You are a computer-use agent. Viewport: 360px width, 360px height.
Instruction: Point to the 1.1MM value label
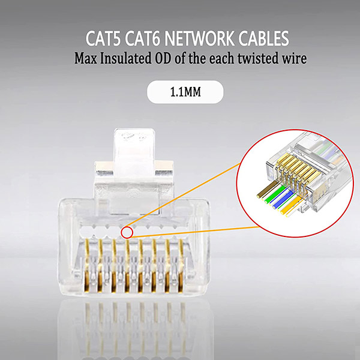coord(185,93)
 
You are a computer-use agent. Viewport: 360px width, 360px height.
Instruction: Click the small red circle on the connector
coord(126,232)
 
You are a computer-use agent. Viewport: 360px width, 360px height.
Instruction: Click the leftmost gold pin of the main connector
coord(86,264)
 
